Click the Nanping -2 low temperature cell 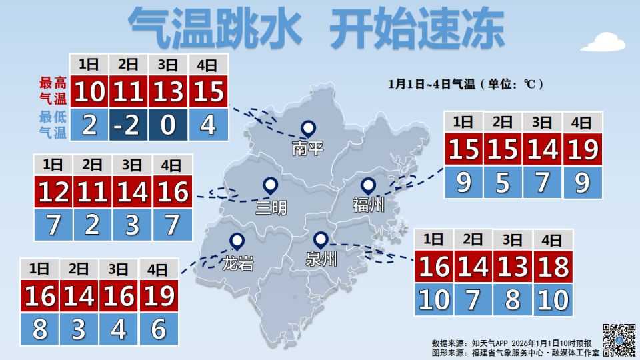coord(129,125)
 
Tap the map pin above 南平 coord(308,128)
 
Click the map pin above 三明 coord(271,185)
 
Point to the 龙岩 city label coord(237,263)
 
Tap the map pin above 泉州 coord(321,239)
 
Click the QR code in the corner coord(619,339)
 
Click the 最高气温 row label coord(53,91)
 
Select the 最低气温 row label coord(53,125)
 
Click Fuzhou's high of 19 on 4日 coord(583,149)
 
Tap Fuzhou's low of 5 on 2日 coord(503,182)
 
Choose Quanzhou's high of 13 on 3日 coord(513,266)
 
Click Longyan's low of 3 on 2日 coord(79,329)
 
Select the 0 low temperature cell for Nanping coord(169,125)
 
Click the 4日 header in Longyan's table coord(158,269)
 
